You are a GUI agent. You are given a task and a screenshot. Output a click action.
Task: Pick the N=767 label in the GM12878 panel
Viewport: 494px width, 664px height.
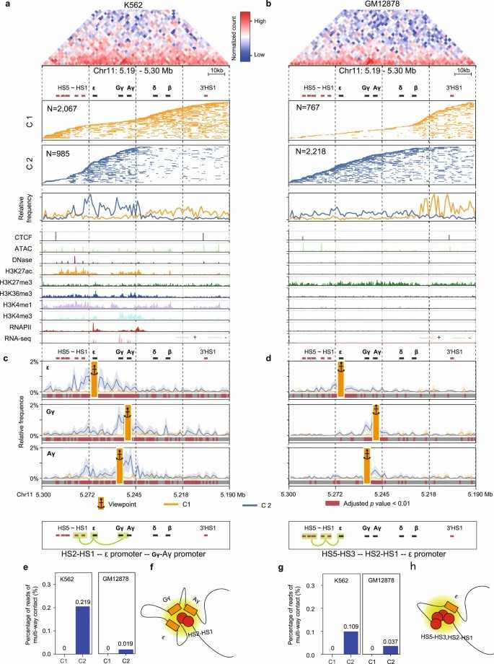[x=310, y=108]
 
